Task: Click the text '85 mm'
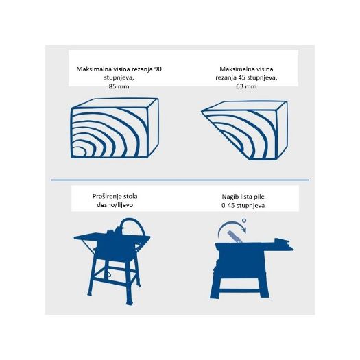point(119,86)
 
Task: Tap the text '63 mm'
point(246,86)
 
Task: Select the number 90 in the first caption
point(158,69)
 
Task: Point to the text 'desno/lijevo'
point(115,205)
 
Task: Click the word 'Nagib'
point(230,197)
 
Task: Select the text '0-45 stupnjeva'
point(243,205)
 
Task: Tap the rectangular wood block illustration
point(115,128)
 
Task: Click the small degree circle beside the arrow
point(244,221)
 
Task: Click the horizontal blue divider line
point(180,180)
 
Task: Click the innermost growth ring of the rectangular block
point(79,152)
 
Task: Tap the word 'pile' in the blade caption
point(259,197)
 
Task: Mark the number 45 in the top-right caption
point(242,77)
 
